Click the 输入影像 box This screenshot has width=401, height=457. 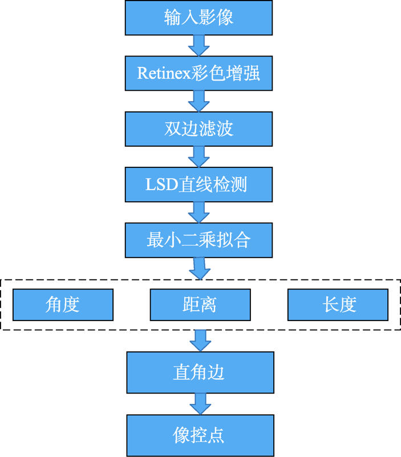click(x=199, y=18)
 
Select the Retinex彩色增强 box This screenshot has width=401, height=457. click(x=199, y=73)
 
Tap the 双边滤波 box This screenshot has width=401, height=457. click(x=199, y=129)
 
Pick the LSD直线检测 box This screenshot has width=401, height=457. click(x=199, y=185)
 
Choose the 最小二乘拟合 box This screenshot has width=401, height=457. click(x=199, y=240)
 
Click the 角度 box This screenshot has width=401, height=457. click(x=63, y=305)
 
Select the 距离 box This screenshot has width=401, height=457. click(x=200, y=305)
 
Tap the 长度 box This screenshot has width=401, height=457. click(x=338, y=305)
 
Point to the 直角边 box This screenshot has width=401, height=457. click(x=200, y=372)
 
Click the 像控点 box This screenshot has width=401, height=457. click(x=200, y=435)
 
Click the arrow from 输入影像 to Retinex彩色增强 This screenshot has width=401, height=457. click(x=199, y=46)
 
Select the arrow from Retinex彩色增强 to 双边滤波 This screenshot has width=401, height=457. click(x=199, y=101)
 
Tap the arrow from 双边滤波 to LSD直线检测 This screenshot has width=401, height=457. click(x=199, y=157)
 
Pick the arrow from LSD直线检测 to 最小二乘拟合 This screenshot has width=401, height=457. click(x=199, y=213)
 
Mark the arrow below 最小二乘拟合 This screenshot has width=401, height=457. click(x=200, y=268)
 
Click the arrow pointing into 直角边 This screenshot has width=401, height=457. click(x=200, y=340)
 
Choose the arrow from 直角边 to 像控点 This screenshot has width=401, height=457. click(x=200, y=404)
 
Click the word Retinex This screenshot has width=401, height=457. click(x=164, y=73)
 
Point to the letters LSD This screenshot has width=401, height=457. click(x=162, y=185)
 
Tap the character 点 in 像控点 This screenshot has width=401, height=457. click(x=216, y=435)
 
